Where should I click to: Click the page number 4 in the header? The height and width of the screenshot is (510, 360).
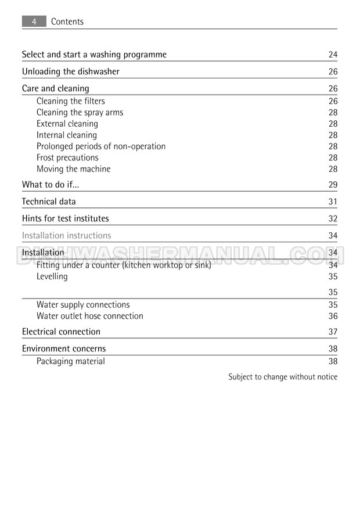(x=34, y=21)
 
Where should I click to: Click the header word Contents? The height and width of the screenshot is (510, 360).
(x=67, y=21)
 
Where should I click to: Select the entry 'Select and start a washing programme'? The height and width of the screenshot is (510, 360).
(x=94, y=55)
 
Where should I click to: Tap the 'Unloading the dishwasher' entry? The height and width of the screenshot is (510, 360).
(x=71, y=71)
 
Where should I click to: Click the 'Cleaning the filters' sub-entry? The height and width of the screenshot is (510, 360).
(x=71, y=101)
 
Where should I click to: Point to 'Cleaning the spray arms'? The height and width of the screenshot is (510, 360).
(x=80, y=112)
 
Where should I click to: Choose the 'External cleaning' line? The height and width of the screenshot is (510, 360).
(x=67, y=124)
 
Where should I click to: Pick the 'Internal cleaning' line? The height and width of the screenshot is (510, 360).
(x=67, y=135)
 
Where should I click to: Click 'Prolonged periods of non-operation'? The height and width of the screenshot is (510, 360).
(x=101, y=146)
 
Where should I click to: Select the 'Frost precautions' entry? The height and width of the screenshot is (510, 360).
(x=67, y=157)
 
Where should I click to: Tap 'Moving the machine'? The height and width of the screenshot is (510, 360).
(x=73, y=169)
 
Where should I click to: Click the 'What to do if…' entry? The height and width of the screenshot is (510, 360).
(x=51, y=185)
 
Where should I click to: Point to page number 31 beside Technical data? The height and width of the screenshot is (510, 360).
(x=333, y=202)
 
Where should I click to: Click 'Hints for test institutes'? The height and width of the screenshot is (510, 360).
(x=65, y=218)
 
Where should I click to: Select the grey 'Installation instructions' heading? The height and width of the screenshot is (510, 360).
(x=66, y=235)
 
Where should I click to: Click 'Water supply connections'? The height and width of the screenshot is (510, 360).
(x=83, y=304)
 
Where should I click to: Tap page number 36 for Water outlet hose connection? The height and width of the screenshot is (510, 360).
(x=333, y=316)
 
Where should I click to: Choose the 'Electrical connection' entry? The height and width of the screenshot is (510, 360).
(x=61, y=332)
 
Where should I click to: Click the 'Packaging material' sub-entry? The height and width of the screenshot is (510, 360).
(x=71, y=361)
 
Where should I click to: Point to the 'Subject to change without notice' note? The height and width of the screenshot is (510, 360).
(x=283, y=377)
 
